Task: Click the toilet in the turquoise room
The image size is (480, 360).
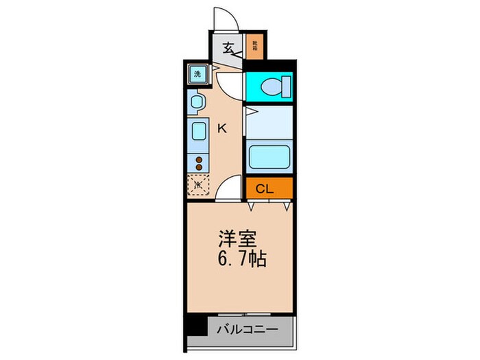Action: [x=278, y=87]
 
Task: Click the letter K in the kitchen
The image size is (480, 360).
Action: [x=222, y=127]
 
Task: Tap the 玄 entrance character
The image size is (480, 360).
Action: [x=228, y=49]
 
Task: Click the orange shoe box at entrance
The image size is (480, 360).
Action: [x=254, y=48]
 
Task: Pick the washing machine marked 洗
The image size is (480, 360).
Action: [x=197, y=74]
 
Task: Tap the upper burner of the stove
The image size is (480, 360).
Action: [x=200, y=160]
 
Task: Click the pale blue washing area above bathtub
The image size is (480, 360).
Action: [x=269, y=128]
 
